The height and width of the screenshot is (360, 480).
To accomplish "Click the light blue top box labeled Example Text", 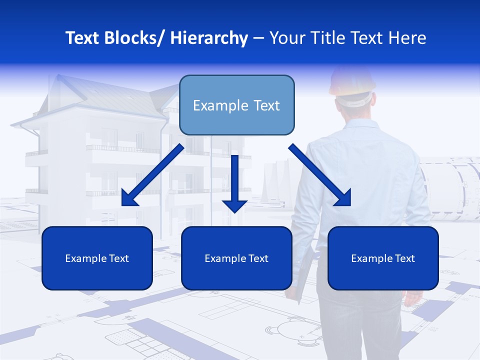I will [x=236, y=105].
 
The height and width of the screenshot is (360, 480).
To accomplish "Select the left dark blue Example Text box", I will [x=97, y=258].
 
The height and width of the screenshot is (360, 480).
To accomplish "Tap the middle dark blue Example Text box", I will [x=236, y=258].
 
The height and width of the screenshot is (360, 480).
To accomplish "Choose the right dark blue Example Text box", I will [x=383, y=258].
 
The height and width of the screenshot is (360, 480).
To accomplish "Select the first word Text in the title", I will [x=83, y=38].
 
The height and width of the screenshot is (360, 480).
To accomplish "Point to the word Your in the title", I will [x=286, y=38].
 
